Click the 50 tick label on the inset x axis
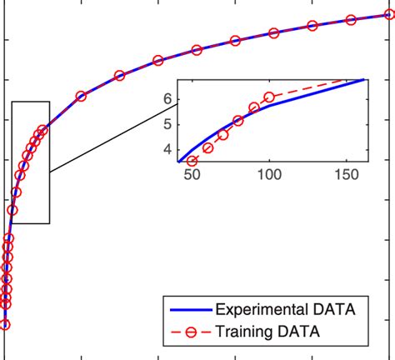click(191, 176)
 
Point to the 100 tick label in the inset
click(269, 176)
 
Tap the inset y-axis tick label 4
click(167, 150)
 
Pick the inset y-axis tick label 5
click(167, 124)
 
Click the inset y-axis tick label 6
click(167, 99)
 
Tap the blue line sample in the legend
click(191, 310)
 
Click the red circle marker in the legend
click(191, 332)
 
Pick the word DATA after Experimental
click(333, 310)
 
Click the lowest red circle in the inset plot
click(192, 161)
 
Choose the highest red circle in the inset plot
click(269, 97)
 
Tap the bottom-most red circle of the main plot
click(5, 325)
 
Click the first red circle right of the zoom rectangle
click(81, 96)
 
